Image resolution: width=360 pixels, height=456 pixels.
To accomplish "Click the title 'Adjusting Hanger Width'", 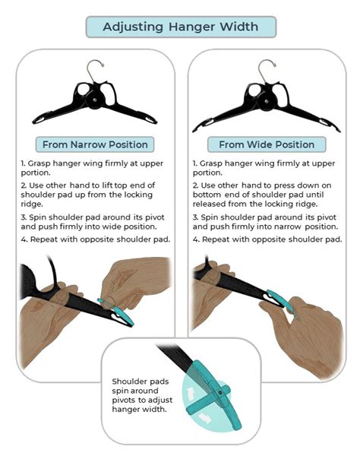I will [180, 27].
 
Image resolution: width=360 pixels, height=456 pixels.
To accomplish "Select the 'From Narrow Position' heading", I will [96, 144].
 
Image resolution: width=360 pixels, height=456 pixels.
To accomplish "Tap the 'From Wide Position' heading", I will [266, 144].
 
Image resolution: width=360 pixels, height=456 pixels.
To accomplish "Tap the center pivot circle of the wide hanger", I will [267, 98].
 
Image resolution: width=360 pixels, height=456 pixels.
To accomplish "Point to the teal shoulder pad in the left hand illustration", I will [123, 314].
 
